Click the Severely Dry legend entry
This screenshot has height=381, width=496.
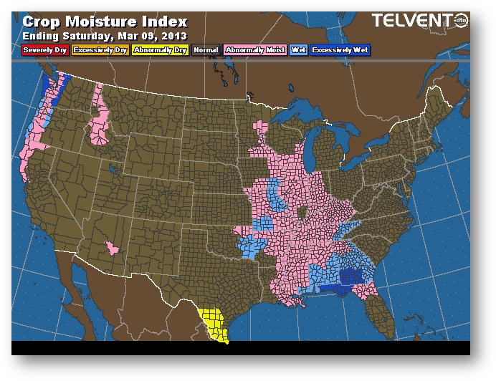[x=46, y=50]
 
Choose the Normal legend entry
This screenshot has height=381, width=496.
[x=206, y=50]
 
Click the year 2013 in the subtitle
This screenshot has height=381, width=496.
[x=174, y=36]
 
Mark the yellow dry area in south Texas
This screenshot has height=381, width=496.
[x=214, y=323]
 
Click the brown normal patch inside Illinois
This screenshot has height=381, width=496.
[x=303, y=213]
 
